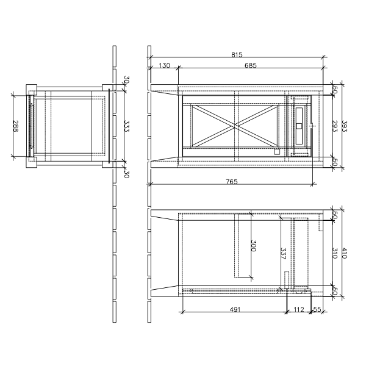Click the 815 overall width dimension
click(236, 55)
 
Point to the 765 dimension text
click(231, 182)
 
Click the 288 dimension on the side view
click(16, 126)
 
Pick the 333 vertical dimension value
click(126, 126)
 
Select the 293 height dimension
click(334, 126)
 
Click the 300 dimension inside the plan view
click(253, 246)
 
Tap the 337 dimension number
click(282, 253)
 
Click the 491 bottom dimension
click(235, 309)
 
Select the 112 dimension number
click(298, 309)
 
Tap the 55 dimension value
click(317, 309)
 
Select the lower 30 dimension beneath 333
click(126, 173)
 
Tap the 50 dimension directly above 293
click(334, 90)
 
